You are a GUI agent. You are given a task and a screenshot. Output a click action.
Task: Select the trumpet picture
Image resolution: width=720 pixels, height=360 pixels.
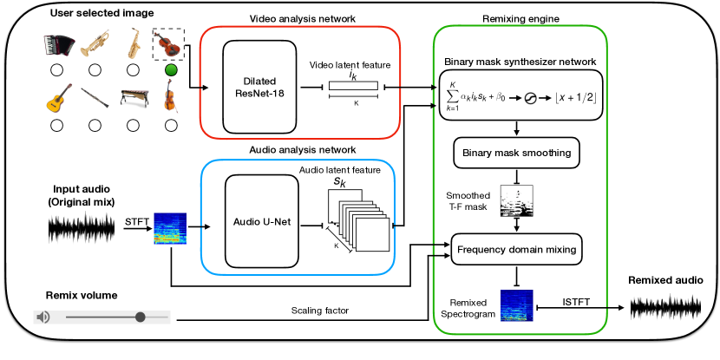point(95,43)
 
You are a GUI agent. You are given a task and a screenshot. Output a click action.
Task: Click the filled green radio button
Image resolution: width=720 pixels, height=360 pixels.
point(171,70)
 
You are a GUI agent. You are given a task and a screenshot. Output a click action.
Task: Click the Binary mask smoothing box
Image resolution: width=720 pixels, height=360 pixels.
point(516,154)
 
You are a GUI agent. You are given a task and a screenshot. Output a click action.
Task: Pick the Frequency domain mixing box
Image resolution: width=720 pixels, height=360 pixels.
point(516,250)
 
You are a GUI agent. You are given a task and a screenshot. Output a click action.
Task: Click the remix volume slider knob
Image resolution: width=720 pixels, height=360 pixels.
point(140,317)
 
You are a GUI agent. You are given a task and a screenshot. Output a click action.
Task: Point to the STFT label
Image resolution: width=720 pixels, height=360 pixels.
point(137,221)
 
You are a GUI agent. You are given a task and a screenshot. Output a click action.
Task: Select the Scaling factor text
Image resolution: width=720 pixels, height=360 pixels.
point(320,311)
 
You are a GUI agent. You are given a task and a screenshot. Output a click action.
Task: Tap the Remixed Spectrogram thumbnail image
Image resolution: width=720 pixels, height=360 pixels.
point(517,306)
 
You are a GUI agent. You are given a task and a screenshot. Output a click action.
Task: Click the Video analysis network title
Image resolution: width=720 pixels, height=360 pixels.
point(299,18)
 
